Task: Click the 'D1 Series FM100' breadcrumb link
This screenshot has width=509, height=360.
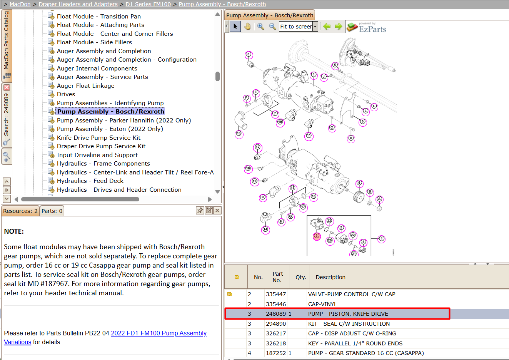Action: [x=148, y=4]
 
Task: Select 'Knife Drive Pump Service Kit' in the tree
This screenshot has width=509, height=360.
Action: [x=98, y=137]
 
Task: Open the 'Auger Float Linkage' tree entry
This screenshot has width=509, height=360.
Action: [x=85, y=86]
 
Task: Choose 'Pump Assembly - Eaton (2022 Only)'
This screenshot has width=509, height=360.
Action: [x=110, y=129]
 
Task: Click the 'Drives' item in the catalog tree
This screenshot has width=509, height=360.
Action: [x=66, y=94]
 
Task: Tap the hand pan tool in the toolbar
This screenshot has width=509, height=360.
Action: [x=247, y=27]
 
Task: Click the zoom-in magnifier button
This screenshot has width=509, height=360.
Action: [x=260, y=27]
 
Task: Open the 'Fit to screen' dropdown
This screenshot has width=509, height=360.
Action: [x=315, y=27]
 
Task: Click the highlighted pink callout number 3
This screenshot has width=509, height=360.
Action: [x=317, y=236]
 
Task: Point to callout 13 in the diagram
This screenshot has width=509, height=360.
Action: [x=239, y=134]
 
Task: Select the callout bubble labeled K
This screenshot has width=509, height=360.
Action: [x=335, y=65]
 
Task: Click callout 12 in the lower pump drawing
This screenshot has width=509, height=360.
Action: [x=257, y=147]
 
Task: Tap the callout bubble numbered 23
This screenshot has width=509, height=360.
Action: [x=329, y=221]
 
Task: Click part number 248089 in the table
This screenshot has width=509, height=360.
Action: [x=275, y=314]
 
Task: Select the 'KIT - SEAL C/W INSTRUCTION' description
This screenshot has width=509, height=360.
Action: [x=349, y=324]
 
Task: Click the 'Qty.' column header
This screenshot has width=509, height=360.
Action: [x=300, y=277]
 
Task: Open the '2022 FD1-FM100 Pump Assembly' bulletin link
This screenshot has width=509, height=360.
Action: [x=159, y=333]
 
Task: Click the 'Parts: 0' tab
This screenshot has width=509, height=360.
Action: [x=52, y=211]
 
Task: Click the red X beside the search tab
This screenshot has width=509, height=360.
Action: [x=7, y=87]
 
